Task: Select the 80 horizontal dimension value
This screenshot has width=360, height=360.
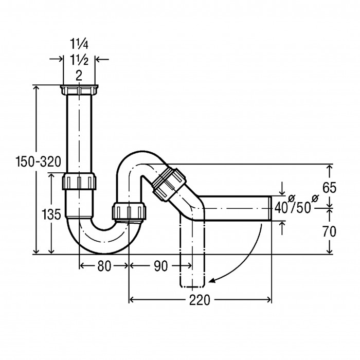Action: [104, 266]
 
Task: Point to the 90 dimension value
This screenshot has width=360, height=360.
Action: [160, 266]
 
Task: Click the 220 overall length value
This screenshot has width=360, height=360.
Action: [200, 300]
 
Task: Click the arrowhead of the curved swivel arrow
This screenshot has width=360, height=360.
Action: [212, 281]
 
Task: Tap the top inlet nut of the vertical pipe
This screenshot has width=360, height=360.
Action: [79, 90]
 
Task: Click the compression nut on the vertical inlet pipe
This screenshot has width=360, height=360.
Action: [79, 182]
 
